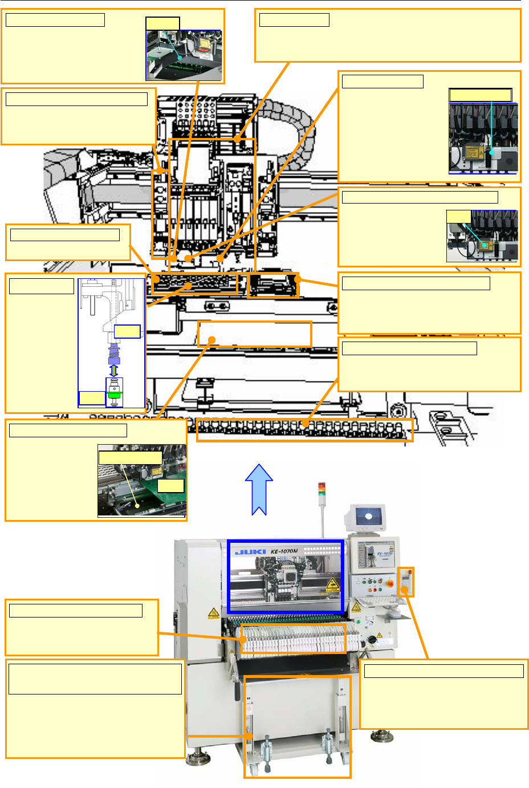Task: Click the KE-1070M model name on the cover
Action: [284, 551]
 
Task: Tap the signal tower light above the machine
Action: [322, 490]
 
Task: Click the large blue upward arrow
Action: [259, 489]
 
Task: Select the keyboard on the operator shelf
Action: [376, 601]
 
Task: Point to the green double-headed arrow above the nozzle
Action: [113, 371]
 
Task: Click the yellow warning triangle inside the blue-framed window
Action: [332, 584]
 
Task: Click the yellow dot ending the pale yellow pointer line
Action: [137, 505]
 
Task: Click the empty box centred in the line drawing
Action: [254, 334]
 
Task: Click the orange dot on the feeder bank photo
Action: [244, 639]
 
